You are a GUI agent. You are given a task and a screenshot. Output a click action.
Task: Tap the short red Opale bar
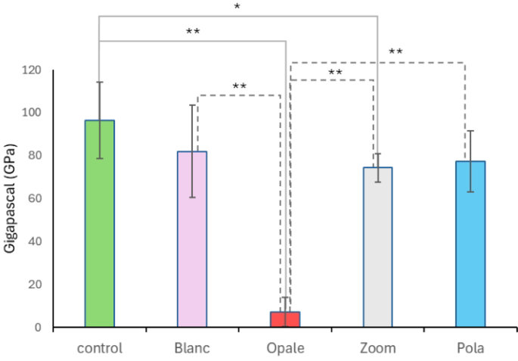(285, 319)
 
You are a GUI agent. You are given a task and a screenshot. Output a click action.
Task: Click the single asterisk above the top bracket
(237, 8)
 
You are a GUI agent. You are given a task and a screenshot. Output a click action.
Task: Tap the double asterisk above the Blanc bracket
(239, 86)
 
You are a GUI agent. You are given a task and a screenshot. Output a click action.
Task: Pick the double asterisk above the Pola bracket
(395, 52)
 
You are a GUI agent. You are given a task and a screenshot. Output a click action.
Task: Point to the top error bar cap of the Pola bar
(470, 131)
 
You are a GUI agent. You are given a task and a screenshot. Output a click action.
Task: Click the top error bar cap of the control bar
(100, 82)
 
